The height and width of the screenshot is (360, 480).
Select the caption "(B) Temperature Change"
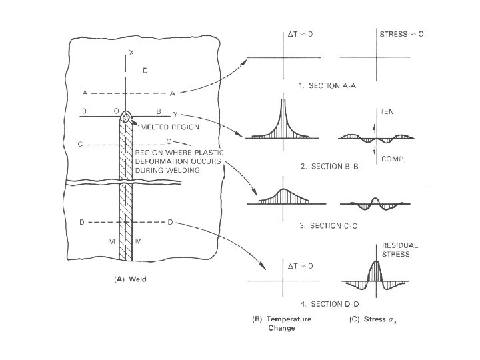283,323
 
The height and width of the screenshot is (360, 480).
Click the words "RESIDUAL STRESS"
399,249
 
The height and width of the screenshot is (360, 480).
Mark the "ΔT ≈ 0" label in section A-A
301,33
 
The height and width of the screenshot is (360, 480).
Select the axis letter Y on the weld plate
175,113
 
